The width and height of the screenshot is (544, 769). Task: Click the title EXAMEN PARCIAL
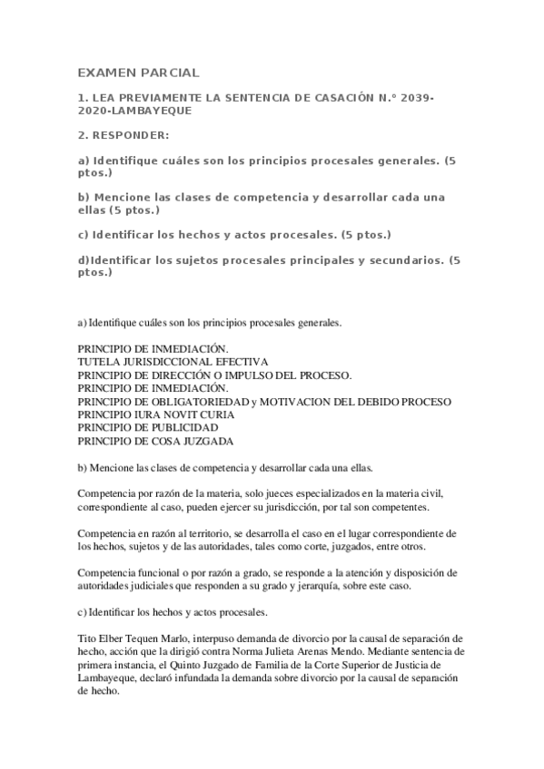point(137,72)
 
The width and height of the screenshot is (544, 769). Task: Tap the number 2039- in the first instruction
point(413,95)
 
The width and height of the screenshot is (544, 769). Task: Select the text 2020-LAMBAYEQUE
point(134,109)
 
